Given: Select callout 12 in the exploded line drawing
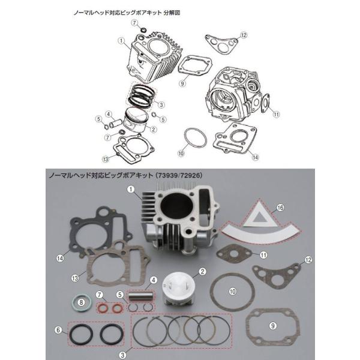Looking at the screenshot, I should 244,36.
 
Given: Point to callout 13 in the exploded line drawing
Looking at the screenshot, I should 106,159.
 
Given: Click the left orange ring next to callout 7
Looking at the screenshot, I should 103,308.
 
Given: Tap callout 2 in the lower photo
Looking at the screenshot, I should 203,271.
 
